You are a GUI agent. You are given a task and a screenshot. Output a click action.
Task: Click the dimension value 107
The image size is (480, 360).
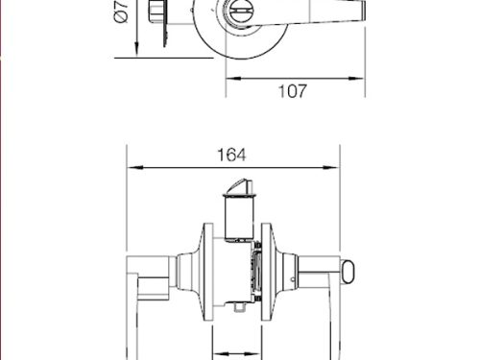[293, 91]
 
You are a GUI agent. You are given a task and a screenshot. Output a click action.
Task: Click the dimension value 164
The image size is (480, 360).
[231, 155]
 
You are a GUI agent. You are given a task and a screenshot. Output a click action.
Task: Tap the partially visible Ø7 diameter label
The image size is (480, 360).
[121, 12]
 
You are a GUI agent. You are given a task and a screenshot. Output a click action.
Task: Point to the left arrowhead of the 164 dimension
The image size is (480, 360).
[135, 167]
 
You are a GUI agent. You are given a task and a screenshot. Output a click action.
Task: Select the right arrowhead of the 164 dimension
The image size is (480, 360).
[331, 167]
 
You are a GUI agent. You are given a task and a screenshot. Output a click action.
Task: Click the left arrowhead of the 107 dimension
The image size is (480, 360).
[233, 78]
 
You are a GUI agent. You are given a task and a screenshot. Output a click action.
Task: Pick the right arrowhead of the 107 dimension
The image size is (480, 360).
[356, 78]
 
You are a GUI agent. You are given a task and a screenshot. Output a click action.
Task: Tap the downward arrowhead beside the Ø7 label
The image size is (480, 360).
[136, 50]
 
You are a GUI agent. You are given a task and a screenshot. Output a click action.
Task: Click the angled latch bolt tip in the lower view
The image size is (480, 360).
[242, 186]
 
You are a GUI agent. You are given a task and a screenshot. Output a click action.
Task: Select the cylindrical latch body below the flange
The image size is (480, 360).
[239, 219]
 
